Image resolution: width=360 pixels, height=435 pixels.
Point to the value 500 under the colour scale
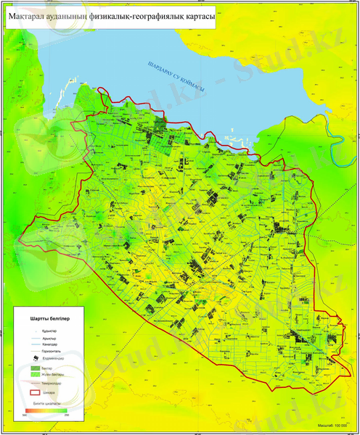[x=25, y=416]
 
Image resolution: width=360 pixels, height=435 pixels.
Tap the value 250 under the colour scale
[x=67, y=416]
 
